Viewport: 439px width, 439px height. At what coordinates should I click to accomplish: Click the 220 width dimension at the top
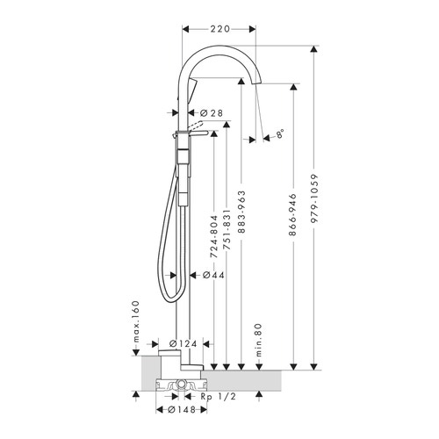pyautogui.click(x=219, y=28)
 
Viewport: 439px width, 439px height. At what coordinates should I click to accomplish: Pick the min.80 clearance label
pyautogui.click(x=255, y=336)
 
